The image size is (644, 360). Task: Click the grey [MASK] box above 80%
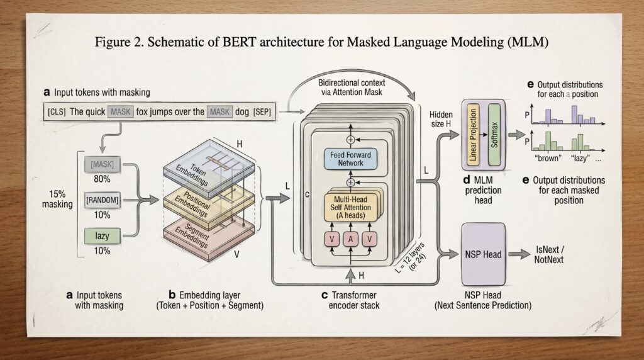tap(102, 164)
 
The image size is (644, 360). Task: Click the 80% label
tap(102, 179)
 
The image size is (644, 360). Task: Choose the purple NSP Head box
tap(483, 255)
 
